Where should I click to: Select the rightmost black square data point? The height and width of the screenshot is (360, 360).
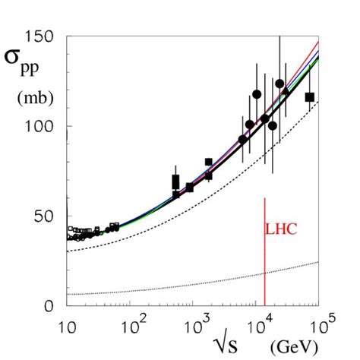pos(309,96)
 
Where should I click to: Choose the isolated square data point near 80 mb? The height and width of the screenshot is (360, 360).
pos(208,162)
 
